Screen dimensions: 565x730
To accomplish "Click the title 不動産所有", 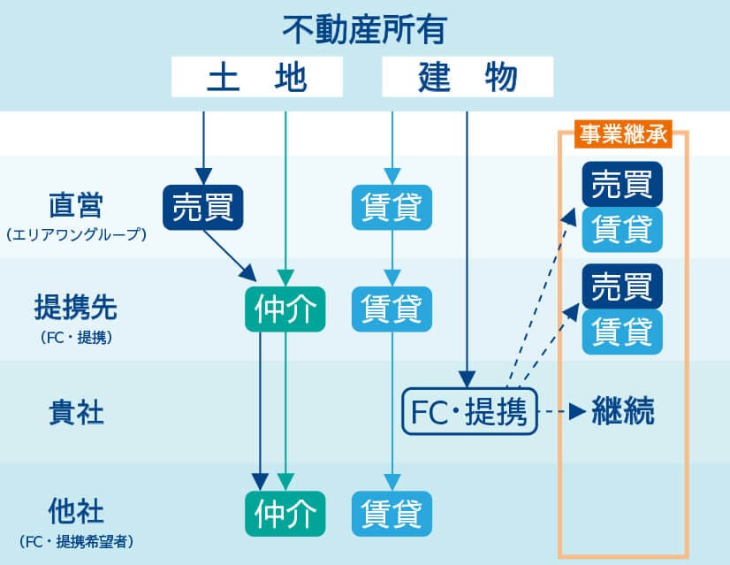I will pos(364,30).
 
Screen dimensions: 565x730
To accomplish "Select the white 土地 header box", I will pos(256,78).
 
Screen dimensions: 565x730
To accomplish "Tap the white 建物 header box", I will pos(467,78).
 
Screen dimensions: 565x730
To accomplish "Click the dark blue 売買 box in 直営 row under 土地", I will pos(202,207).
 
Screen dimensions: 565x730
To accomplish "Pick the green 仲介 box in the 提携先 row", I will pos(285,309).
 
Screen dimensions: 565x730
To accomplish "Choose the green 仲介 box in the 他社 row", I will pos(285,513).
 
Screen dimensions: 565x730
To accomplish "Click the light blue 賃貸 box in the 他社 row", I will pos(392,513).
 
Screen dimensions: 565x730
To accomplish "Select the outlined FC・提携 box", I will pos(469,412).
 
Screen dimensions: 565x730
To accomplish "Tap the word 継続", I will pos(624,412).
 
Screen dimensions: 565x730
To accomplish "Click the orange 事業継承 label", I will pos(622,134).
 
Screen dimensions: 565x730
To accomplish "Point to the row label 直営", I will pos(76,205).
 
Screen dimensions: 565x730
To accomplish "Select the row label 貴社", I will pos(76,412).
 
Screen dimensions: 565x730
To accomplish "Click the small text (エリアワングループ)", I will pos(76,236).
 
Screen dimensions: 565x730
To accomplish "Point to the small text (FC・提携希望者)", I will pos(76,541).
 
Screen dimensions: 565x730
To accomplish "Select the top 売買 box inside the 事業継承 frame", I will pos(622,186).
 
